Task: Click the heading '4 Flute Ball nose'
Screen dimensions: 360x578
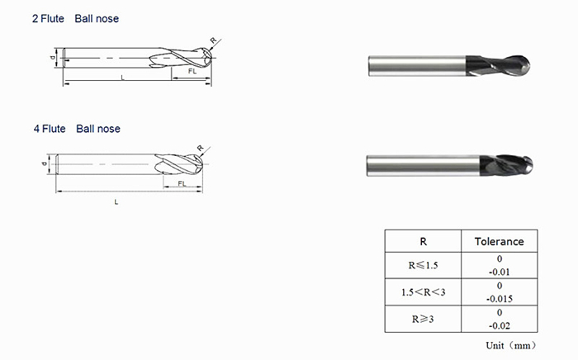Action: [x=77, y=129]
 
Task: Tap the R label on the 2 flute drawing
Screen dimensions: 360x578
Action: [x=213, y=39]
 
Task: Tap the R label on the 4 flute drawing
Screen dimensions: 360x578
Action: [x=200, y=148]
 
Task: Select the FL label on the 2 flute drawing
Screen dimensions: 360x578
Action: [x=192, y=73]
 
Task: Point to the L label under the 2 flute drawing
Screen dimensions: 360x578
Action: [x=122, y=77]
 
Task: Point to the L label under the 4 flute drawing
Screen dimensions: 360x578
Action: [x=116, y=201]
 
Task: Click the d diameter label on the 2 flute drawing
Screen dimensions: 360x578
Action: [x=52, y=58]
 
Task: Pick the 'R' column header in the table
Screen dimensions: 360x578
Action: [x=423, y=241]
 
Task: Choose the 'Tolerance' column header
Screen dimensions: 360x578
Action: [x=499, y=241]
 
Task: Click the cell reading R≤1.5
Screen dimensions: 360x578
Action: [x=423, y=266]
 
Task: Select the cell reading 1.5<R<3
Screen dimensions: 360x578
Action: [x=423, y=292]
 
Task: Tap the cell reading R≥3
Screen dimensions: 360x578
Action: [x=423, y=319]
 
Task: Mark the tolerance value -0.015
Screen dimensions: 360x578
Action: [x=499, y=298]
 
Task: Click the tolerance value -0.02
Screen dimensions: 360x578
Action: [x=499, y=325]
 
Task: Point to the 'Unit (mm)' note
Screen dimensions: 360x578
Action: [x=509, y=344]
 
